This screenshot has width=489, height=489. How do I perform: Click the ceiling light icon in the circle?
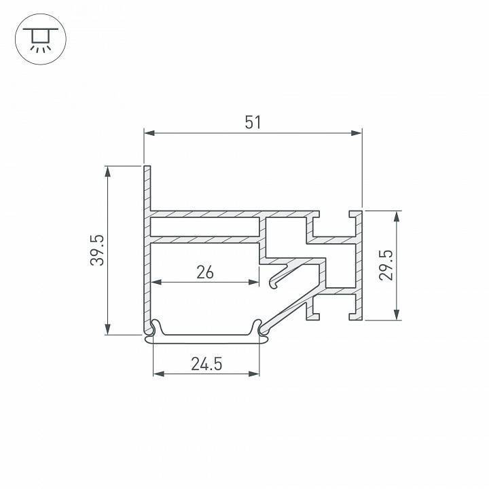coord(40,40)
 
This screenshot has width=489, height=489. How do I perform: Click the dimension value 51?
coord(253,122)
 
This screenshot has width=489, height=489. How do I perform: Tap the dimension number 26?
coord(204,272)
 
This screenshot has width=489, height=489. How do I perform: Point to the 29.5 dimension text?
coord(386,264)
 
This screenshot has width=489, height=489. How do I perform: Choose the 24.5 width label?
coord(206,364)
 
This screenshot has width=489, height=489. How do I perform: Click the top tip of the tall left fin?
coord(146,166)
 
